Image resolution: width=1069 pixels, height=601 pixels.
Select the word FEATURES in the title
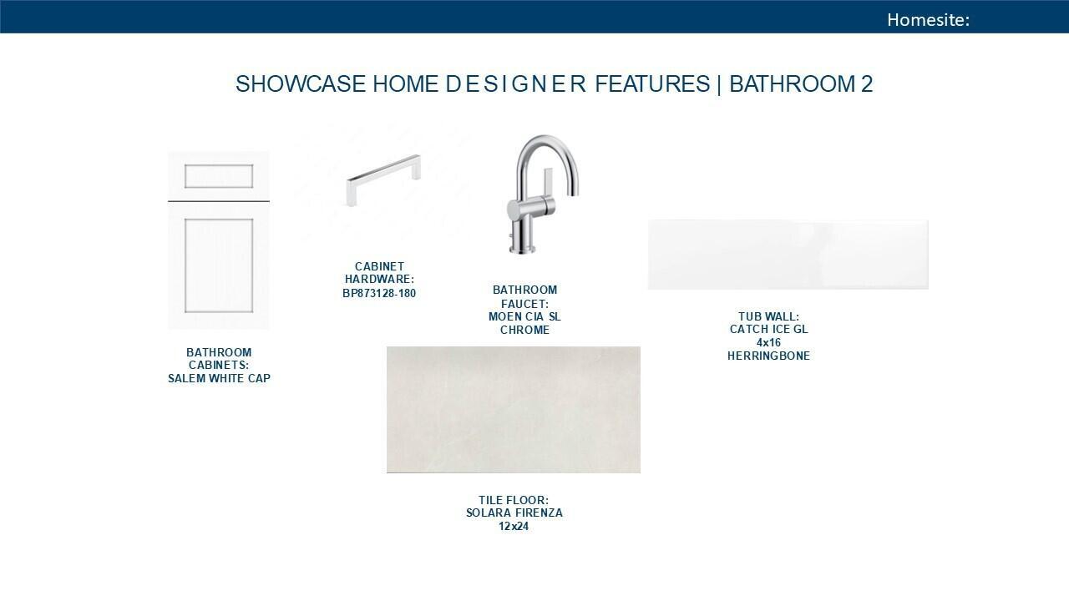652,84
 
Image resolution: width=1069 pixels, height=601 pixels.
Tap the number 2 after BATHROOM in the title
867,84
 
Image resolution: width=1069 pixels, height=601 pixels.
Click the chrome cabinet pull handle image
383,179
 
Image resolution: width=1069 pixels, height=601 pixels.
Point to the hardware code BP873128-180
379,293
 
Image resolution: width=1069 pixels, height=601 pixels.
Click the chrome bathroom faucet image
543,194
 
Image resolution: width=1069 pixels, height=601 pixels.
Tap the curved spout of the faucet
549,148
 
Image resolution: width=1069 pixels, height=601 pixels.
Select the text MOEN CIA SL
524,316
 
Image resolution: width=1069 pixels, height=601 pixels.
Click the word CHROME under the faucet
524,330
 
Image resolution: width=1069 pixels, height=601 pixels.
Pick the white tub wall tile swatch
788,255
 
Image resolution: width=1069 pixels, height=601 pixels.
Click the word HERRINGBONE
768,356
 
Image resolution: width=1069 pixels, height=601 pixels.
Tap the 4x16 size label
768,342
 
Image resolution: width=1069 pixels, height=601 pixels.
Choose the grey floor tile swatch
514,410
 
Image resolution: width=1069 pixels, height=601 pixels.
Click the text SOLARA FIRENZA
514,513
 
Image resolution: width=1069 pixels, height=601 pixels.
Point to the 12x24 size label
514,527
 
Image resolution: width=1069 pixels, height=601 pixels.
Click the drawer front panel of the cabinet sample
219,176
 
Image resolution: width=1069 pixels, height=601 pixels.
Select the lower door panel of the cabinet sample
219,265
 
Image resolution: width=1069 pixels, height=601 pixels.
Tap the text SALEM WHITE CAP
219,378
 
